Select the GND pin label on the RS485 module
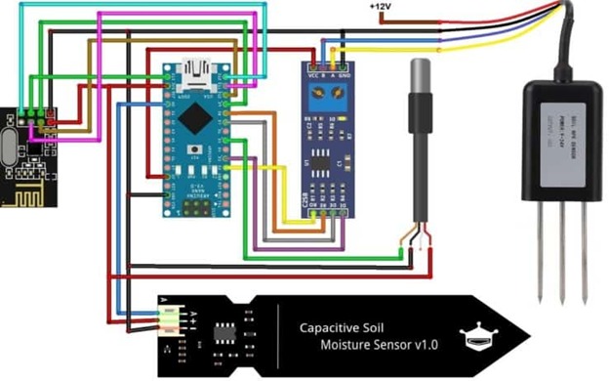point(344,76)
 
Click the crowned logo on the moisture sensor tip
point(479,337)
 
